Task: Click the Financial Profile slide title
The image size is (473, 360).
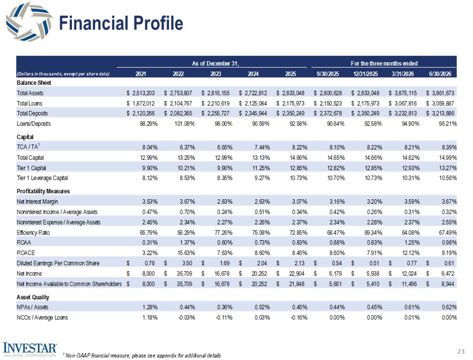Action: (x=121, y=23)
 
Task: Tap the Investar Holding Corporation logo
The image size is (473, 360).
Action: (x=30, y=350)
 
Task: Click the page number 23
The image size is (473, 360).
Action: (x=461, y=351)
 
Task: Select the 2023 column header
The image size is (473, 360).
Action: (x=216, y=73)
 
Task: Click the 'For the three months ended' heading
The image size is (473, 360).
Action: (x=384, y=64)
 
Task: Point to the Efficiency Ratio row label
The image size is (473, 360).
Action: (x=33, y=233)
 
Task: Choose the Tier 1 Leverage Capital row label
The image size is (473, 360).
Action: (x=42, y=178)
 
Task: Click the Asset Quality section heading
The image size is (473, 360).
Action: (x=33, y=297)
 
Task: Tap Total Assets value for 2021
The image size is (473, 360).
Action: (x=140, y=93)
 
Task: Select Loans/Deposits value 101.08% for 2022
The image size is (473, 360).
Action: (x=185, y=124)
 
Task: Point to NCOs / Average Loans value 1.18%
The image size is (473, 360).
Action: (x=150, y=318)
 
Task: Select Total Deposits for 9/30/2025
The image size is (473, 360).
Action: (x=328, y=113)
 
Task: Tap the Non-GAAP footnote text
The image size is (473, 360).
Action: (x=141, y=356)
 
